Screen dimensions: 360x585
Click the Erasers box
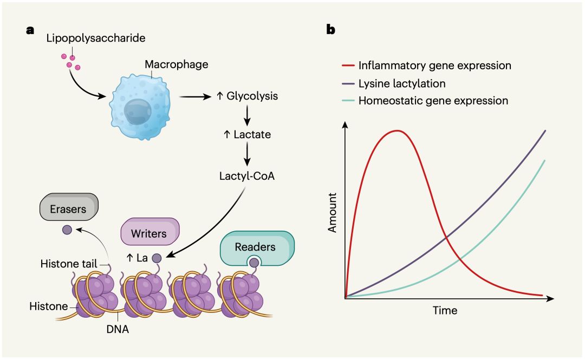click(x=69, y=209)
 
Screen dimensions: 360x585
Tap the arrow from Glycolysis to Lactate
click(x=248, y=114)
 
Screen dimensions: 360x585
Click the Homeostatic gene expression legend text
click(x=433, y=101)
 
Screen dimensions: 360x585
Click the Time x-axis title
click(x=444, y=311)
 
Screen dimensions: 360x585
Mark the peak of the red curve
click(x=398, y=130)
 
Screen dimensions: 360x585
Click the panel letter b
click(x=330, y=30)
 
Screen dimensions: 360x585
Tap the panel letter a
click(x=30, y=30)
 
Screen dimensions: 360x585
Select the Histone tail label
click(x=68, y=263)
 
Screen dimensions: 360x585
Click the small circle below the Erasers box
click(x=67, y=230)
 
